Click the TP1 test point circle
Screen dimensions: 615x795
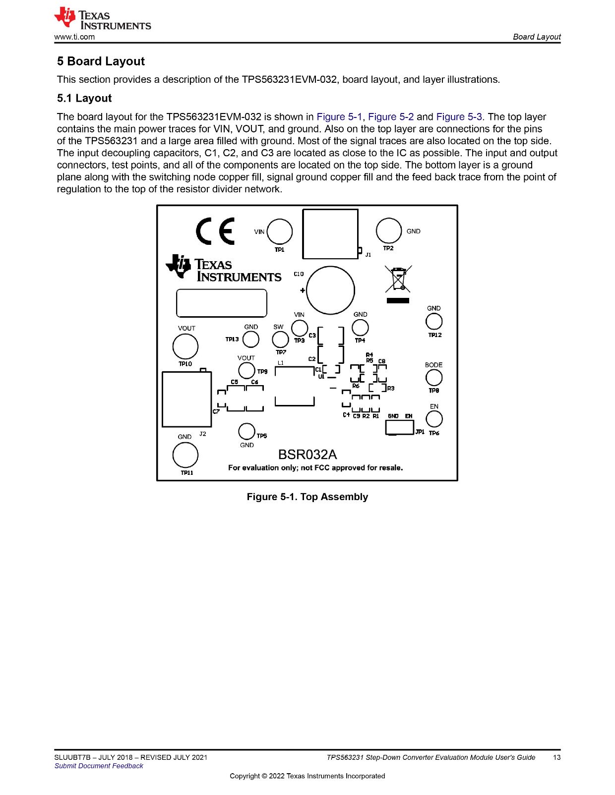coord(279,231)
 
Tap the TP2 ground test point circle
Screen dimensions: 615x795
coord(389,231)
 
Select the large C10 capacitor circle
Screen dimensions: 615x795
coord(330,290)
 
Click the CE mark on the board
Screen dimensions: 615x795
coord(215,231)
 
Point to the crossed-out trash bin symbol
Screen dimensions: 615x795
coord(398,280)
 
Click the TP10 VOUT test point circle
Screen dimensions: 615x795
coord(185,346)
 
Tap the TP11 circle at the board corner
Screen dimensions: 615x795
coord(185,455)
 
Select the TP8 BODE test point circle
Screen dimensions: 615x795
coord(434,378)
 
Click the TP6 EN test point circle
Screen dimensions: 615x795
coord(434,419)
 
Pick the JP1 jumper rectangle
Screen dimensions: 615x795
coord(399,427)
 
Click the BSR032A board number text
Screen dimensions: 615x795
coord(307,455)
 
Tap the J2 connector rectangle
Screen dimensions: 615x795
coord(186,399)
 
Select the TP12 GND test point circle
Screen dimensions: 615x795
coord(434,322)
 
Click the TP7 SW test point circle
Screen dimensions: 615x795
coord(280,340)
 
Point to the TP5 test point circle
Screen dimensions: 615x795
coord(246,431)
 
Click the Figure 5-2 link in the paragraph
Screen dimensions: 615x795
coord(391,116)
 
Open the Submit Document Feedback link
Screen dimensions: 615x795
coord(99,766)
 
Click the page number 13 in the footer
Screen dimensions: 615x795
coord(556,757)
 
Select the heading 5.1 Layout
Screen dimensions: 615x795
coord(84,98)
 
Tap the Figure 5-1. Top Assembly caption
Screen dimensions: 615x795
coord(307,497)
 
